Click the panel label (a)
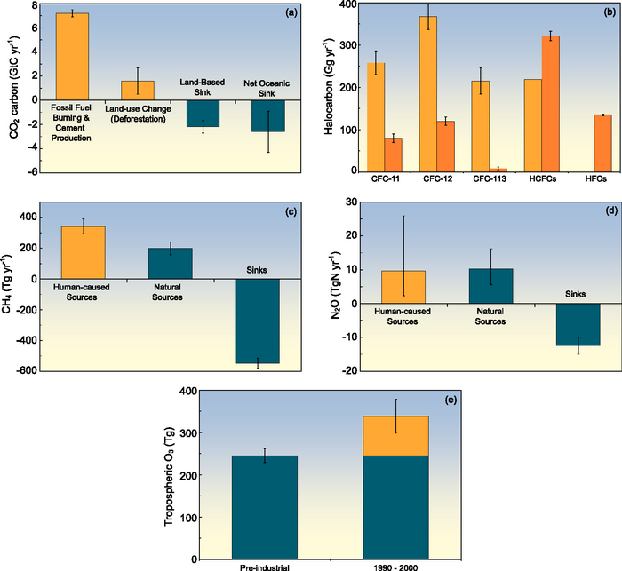(x=289, y=13)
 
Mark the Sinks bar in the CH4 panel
(x=258, y=321)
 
